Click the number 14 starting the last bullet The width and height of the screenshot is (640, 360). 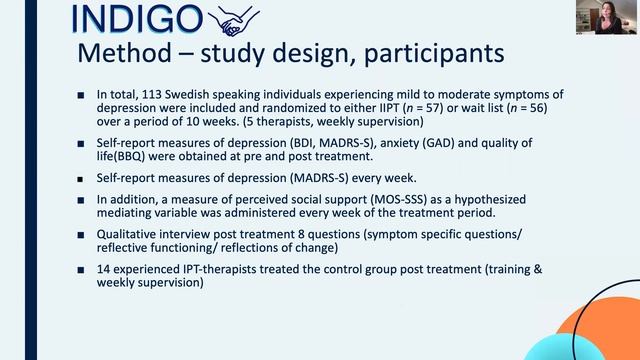pyautogui.click(x=104, y=269)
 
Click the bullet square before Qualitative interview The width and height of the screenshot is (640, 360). pyautogui.click(x=81, y=234)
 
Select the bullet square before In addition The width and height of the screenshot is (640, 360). pyautogui.click(x=81, y=199)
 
